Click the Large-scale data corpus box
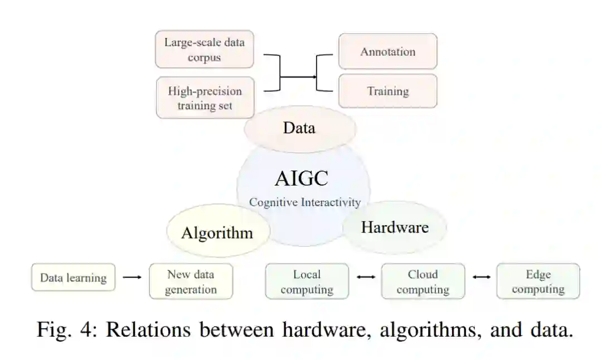pyautogui.click(x=204, y=50)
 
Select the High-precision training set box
pyautogui.click(x=204, y=98)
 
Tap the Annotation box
pyautogui.click(x=387, y=52)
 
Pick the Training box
pyautogui.click(x=387, y=91)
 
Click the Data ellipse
pyautogui.click(x=299, y=128)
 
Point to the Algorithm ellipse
pyautogui.click(x=217, y=232)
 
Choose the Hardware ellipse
pyautogui.click(x=395, y=227)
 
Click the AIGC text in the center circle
pyautogui.click(x=302, y=179)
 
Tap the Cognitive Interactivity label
pyautogui.click(x=304, y=202)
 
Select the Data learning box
pyautogui.click(x=73, y=278)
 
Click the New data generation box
pyautogui.click(x=191, y=281)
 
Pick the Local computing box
pyautogui.click(x=307, y=281)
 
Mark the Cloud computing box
pyautogui.click(x=423, y=281)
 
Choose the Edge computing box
pyautogui.click(x=538, y=281)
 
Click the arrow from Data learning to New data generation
pyautogui.click(x=132, y=277)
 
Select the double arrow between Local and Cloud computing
pyautogui.click(x=365, y=277)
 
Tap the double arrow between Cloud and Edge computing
pyautogui.click(x=481, y=277)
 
